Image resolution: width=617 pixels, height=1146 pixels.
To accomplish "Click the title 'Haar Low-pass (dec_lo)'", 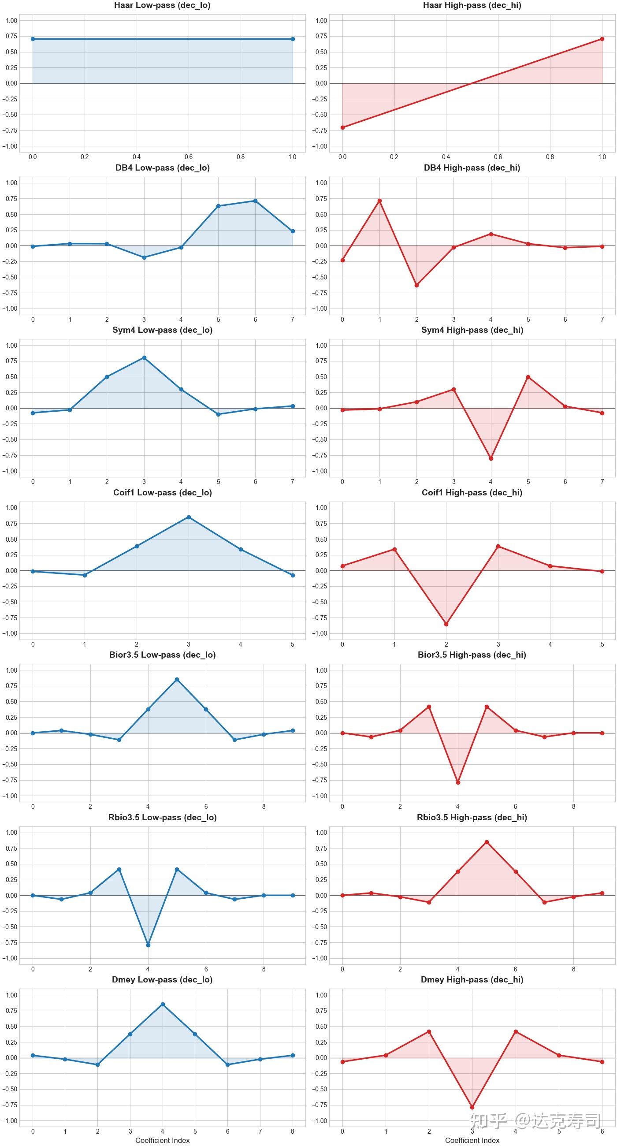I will click(162, 6).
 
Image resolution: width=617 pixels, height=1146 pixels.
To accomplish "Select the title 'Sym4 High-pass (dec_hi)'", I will click(472, 330).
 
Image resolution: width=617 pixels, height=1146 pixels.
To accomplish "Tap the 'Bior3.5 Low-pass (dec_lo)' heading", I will click(162, 655).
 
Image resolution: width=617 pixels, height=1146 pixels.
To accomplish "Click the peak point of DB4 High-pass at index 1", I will click(379, 201).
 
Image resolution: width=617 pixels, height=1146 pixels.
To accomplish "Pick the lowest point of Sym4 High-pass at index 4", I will click(491, 458).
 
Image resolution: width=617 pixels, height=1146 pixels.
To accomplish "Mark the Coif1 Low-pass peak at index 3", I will click(189, 517).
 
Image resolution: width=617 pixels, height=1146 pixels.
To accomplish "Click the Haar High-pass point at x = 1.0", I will click(602, 39).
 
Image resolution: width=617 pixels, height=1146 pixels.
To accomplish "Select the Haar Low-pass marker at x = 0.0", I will click(33, 39).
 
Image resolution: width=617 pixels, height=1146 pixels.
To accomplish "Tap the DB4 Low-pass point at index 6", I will click(255, 201).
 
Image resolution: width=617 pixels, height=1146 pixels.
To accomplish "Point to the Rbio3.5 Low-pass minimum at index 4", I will click(148, 945).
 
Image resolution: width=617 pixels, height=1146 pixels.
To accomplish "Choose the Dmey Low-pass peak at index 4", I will click(162, 1004).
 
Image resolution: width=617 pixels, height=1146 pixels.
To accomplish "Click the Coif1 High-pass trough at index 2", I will click(446, 624).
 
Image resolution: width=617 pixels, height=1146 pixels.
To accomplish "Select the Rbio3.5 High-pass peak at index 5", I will click(487, 842).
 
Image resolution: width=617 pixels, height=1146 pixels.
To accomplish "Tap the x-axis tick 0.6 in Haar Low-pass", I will click(189, 157).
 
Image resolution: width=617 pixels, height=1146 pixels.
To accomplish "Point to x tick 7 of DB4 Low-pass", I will click(292, 320).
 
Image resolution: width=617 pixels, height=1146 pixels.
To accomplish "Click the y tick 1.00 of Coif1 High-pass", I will click(321, 508).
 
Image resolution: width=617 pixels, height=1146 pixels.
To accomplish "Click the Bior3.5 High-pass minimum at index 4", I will click(458, 782).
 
